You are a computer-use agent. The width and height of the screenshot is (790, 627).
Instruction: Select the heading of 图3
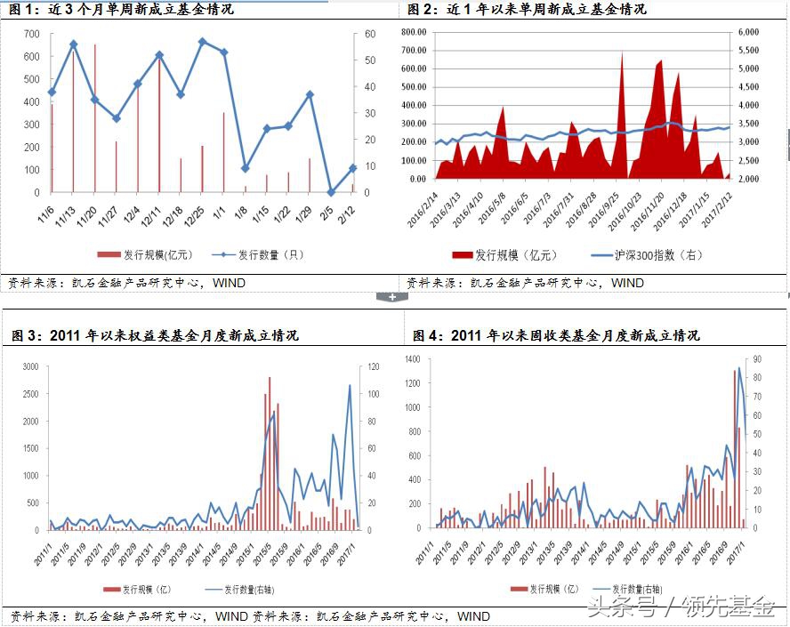point(155,335)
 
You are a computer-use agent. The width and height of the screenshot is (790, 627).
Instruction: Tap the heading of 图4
point(556,335)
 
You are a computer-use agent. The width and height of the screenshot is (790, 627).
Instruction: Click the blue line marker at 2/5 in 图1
point(331,191)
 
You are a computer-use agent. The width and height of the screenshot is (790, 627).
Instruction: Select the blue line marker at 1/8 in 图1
point(246,168)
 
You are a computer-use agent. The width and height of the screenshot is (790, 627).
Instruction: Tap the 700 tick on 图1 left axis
point(32,34)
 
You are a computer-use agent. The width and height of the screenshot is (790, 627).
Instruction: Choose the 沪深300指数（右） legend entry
point(647,255)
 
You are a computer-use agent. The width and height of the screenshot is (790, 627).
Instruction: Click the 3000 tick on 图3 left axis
point(31,366)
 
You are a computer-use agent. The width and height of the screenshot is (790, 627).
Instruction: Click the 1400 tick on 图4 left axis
point(413,358)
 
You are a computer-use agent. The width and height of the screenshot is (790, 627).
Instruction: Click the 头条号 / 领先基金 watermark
point(680,608)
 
